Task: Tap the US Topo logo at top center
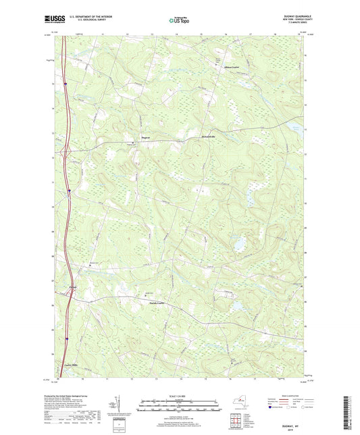[180, 21]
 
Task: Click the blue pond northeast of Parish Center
[238, 241]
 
